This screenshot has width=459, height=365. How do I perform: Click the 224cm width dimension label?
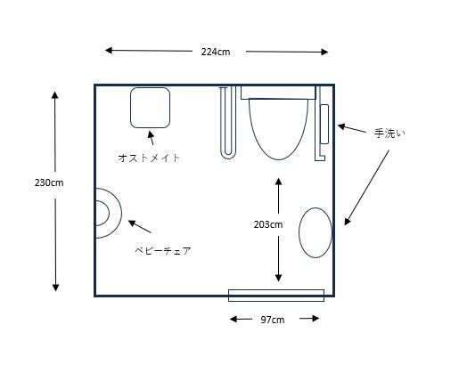coord(216,52)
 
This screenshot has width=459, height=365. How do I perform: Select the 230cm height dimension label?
coord(49,182)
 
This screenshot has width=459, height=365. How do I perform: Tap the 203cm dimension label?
coord(268,224)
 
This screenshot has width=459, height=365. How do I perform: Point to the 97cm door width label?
coord(273,320)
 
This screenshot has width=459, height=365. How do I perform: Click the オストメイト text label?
coord(149,158)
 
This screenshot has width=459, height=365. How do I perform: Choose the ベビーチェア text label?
coord(163,251)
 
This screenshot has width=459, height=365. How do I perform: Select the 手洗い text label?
coord(389,134)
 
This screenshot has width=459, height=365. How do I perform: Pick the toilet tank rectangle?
coord(278,93)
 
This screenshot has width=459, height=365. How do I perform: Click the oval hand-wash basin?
coord(316,232)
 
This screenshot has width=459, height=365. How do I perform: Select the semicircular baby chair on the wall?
coord(121,213)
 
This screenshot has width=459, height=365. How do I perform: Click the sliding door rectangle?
coord(276,296)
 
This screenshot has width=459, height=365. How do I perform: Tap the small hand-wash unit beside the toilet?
coord(324,124)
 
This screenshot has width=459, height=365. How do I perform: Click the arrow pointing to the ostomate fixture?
coord(152,138)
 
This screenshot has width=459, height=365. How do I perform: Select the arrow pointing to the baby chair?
coord(140,226)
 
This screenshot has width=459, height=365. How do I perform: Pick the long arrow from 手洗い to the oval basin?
coord(366,188)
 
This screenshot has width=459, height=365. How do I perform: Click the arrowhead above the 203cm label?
coord(278,181)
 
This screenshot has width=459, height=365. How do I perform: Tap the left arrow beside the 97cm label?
coord(241,320)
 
